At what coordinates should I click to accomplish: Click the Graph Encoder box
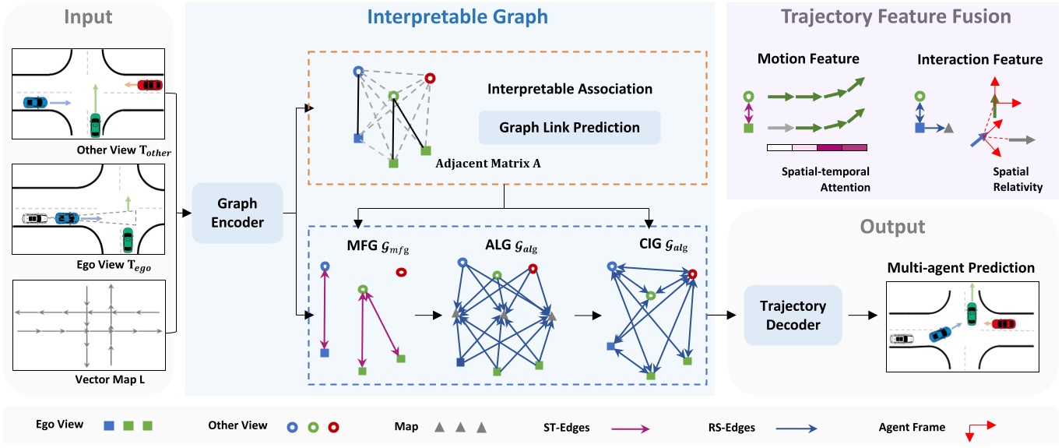[237, 213]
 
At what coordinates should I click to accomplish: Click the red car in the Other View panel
[149, 85]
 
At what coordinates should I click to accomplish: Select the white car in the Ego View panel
[34, 219]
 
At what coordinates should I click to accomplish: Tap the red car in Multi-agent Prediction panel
[1004, 323]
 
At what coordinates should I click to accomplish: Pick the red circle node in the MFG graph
[401, 273]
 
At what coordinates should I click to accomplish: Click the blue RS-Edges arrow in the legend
[794, 427]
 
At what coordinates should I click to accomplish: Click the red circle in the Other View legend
[333, 426]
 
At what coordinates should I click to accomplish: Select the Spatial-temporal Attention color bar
[817, 146]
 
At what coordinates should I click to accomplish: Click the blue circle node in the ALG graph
[462, 264]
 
